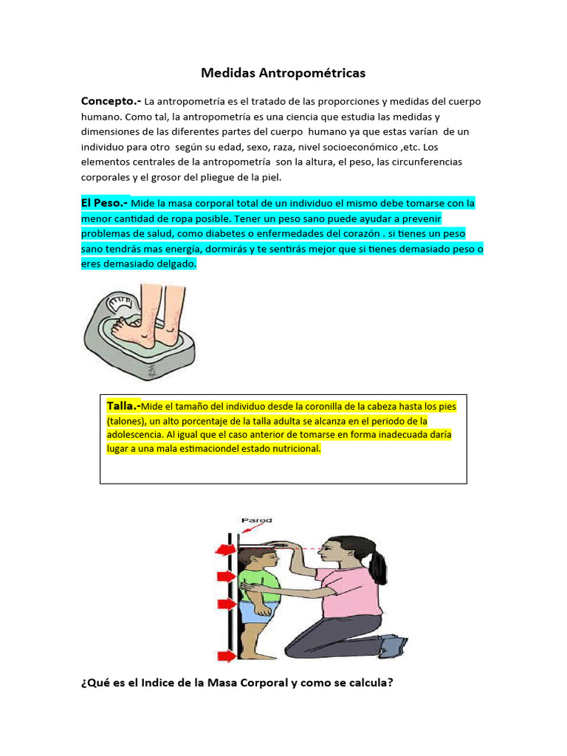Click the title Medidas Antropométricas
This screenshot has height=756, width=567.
click(283, 73)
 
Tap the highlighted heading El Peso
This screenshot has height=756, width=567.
click(103, 202)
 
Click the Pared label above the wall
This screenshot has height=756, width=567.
click(258, 520)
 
